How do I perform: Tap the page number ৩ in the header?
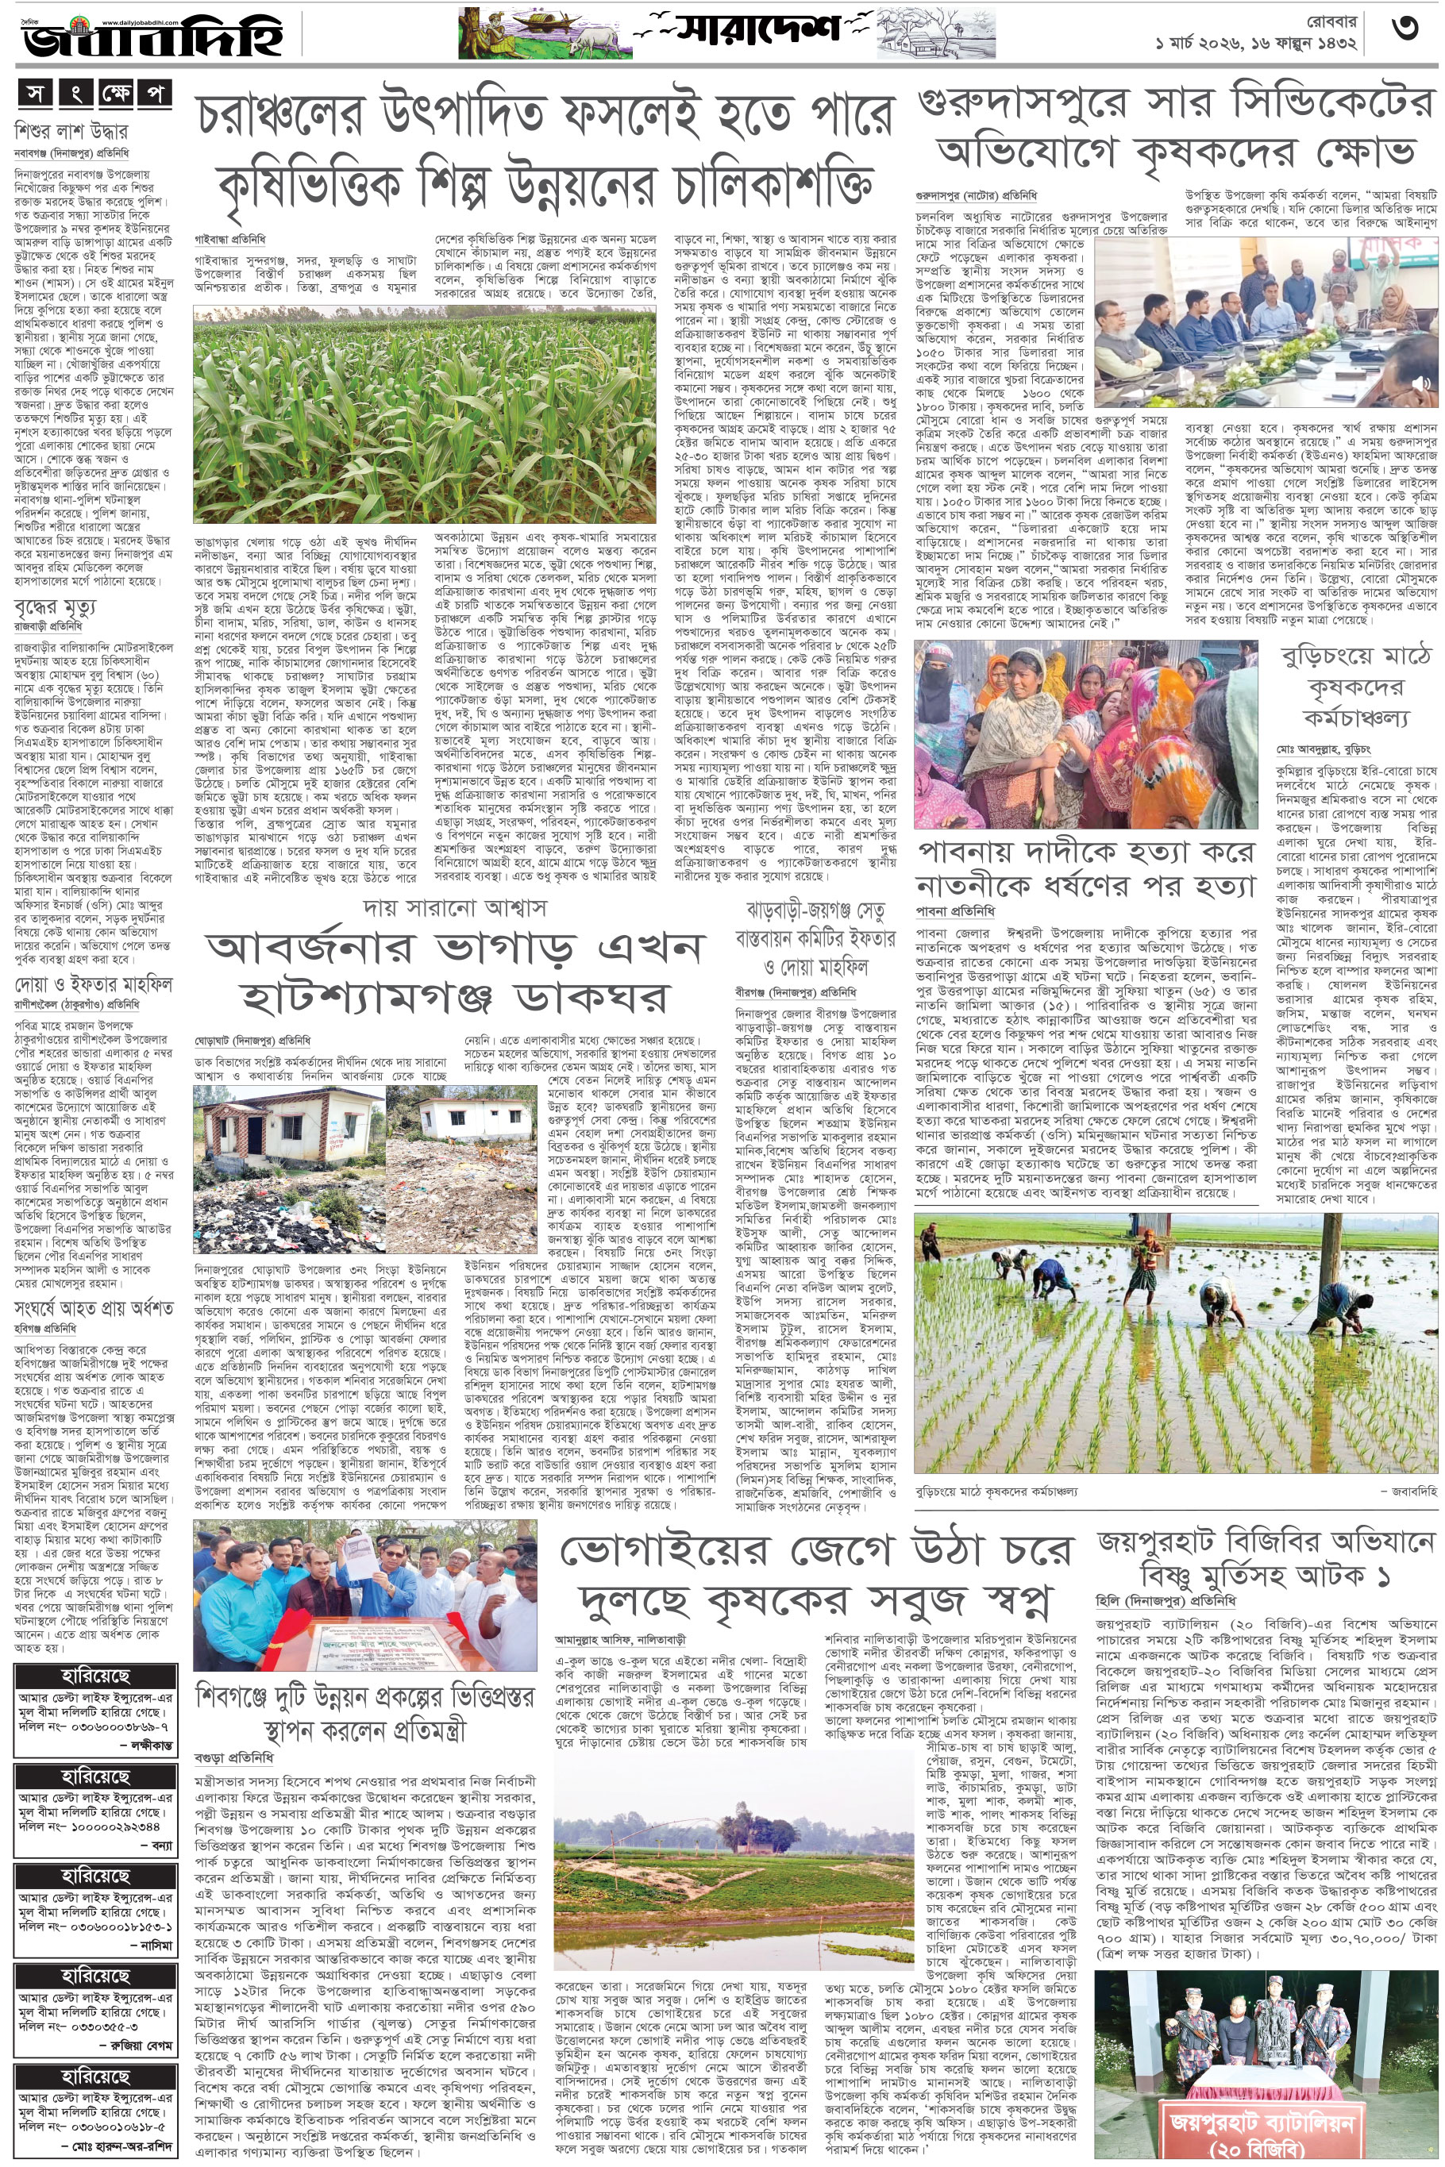(x=1405, y=29)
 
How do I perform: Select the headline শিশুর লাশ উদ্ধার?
(x=72, y=131)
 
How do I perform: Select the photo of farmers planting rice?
(x=1175, y=1343)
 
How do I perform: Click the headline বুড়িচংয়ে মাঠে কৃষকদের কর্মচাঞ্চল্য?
(x=1354, y=687)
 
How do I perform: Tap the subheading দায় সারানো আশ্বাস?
(x=454, y=907)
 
